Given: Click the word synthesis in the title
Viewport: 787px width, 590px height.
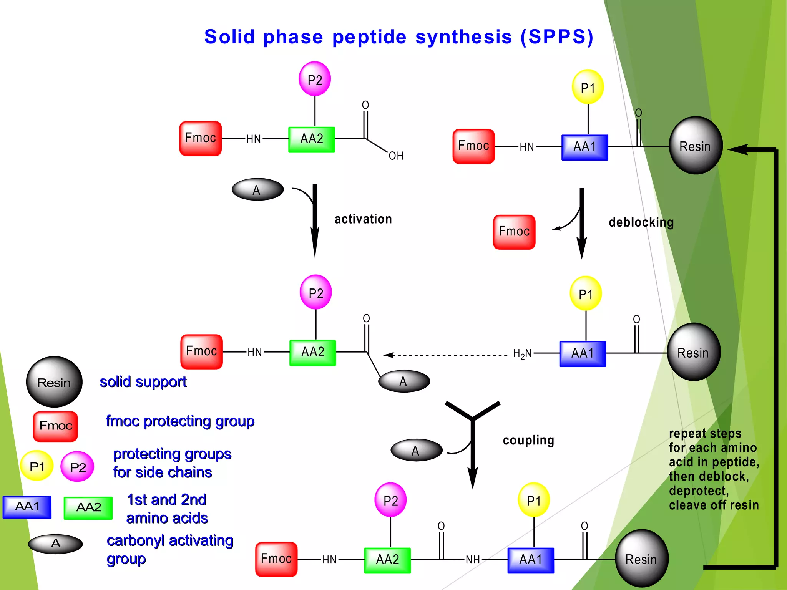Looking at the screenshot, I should coord(463,37).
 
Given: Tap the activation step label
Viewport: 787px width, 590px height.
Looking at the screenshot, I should coord(363,219).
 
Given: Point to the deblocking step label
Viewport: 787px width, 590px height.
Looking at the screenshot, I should coord(641,222).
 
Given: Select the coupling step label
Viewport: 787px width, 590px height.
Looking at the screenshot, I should coord(528,440).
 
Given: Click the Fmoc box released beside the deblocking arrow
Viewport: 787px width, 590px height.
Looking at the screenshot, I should coord(514,232).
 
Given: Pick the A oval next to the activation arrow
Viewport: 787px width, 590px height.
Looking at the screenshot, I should coord(257,189).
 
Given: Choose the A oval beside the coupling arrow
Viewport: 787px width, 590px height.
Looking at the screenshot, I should coord(416,450).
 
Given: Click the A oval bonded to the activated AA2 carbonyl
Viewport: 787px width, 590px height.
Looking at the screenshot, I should coord(404,381).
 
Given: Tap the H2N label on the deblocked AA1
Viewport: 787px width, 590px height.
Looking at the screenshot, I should coord(522,354).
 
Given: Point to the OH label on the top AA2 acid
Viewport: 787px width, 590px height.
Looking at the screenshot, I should coord(396,156).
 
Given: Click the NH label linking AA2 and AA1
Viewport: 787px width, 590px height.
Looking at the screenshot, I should coord(473,560).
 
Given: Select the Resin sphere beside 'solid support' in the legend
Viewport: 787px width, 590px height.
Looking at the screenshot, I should coord(54,382).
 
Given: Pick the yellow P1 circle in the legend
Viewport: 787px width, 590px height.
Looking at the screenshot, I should coord(37,466).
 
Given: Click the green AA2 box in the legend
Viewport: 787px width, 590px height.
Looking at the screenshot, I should coord(88,507).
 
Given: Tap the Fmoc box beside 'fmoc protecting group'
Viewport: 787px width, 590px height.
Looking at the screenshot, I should coord(56,426).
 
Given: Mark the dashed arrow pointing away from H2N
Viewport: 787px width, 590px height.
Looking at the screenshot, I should coord(446,355).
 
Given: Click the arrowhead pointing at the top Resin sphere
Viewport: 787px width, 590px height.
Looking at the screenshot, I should coord(738,149).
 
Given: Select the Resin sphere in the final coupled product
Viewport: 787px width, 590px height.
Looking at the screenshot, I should coord(641,559).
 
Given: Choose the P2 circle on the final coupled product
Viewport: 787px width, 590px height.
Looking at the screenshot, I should coord(390,501).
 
